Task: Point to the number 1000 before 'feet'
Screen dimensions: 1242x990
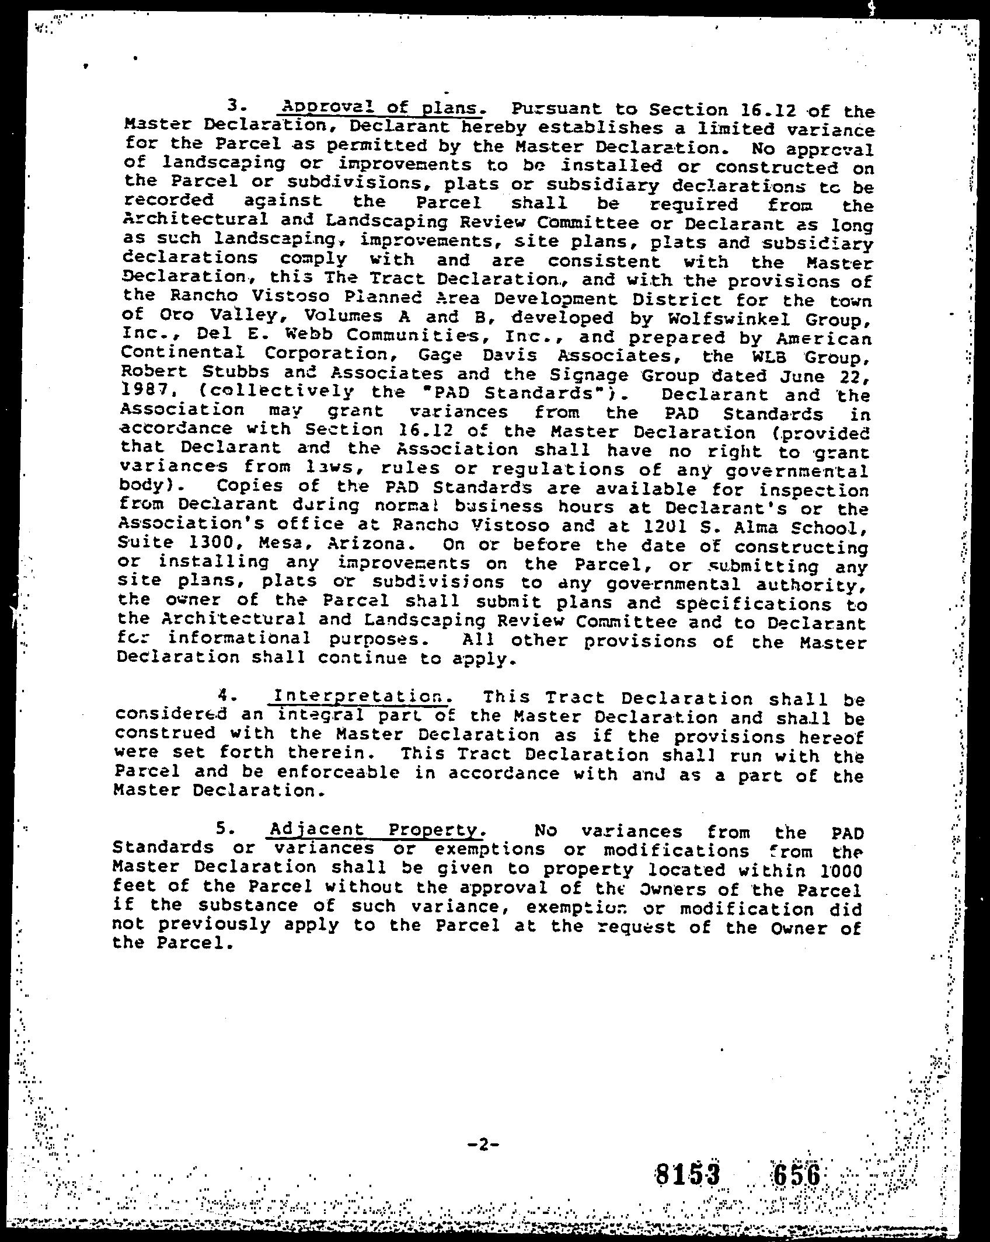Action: coord(841,871)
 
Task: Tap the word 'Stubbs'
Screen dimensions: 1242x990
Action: coord(229,372)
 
